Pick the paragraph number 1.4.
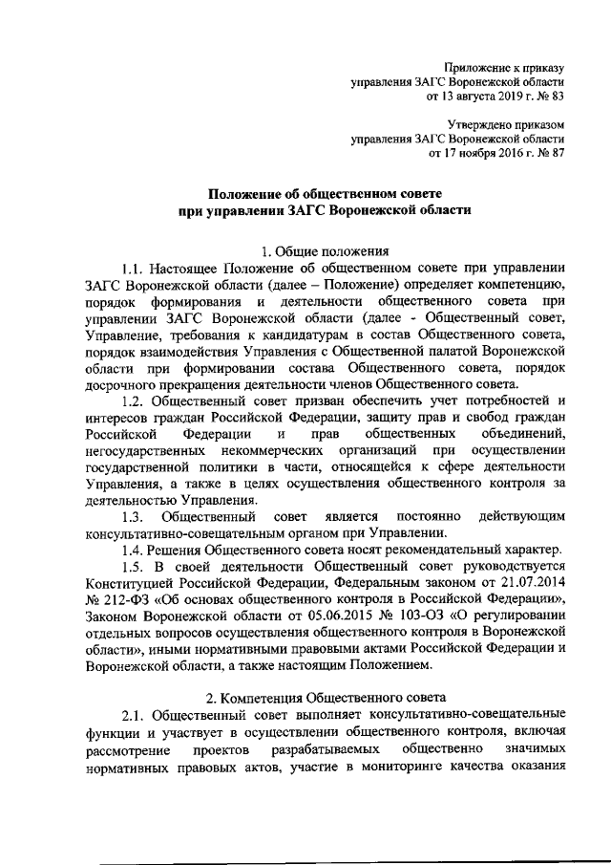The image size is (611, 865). coord(135,551)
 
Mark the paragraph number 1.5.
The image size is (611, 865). coord(135,569)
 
